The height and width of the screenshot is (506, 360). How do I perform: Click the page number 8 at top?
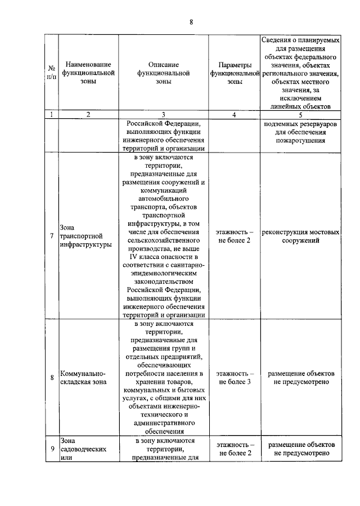click(191, 22)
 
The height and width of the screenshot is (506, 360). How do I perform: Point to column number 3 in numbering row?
click(163, 114)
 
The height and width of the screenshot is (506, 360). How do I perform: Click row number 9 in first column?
click(51, 449)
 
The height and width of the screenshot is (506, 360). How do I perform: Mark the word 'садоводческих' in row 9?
click(83, 449)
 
